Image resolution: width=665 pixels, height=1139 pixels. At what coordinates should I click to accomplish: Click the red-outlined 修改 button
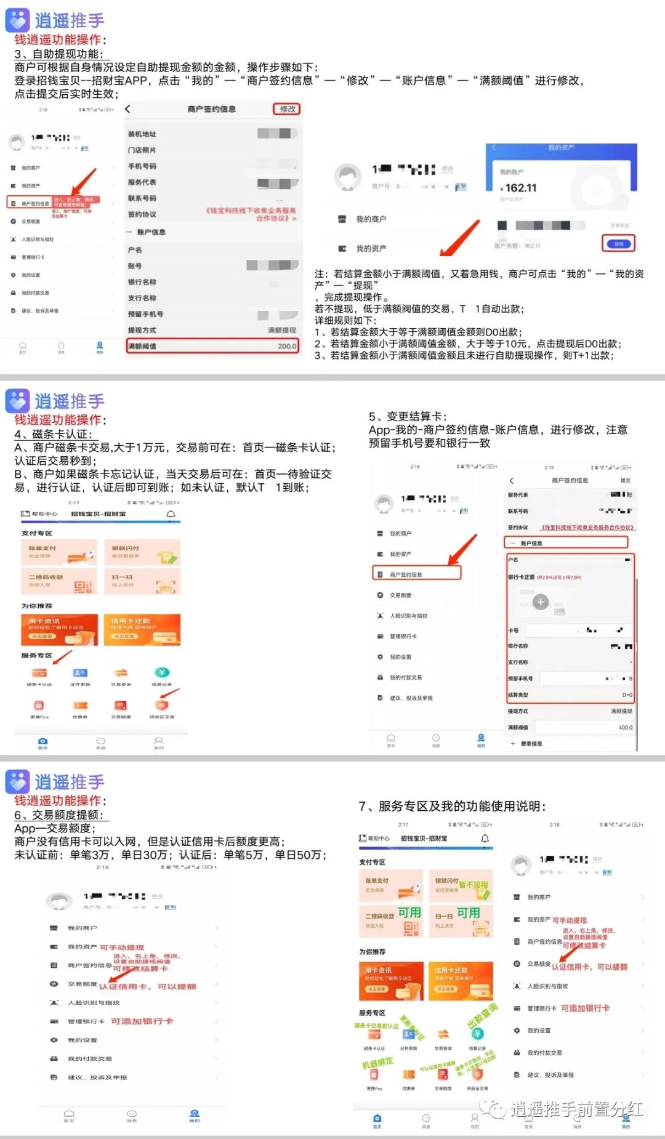pyautogui.click(x=286, y=109)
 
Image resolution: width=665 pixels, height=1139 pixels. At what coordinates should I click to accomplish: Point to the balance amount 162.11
pyautogui.click(x=520, y=188)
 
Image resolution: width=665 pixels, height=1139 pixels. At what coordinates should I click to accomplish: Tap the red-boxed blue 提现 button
pyautogui.click(x=618, y=244)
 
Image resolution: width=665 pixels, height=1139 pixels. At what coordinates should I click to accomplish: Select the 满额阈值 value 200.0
pyautogui.click(x=287, y=346)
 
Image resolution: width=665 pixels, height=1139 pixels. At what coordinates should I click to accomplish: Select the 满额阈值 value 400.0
pyautogui.click(x=625, y=727)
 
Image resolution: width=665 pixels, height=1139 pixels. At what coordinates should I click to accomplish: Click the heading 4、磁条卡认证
pyautogui.click(x=54, y=434)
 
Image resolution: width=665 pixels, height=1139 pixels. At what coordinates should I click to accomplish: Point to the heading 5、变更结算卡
pyautogui.click(x=408, y=416)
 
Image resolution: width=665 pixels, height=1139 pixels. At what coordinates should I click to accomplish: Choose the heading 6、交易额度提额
pyautogui.click(x=62, y=815)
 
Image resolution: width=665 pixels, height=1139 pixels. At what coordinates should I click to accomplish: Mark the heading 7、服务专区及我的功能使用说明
pyautogui.click(x=453, y=806)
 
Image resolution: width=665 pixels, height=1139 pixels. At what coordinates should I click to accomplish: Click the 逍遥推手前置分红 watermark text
pyautogui.click(x=576, y=1109)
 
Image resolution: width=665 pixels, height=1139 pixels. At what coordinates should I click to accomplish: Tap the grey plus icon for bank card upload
pyautogui.click(x=541, y=602)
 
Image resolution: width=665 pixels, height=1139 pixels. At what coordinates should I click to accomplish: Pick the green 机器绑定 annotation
pyautogui.click(x=377, y=1063)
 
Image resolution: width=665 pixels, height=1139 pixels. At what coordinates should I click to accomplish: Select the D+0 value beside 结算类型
pyautogui.click(x=627, y=694)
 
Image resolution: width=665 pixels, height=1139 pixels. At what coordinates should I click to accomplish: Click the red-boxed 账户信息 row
pyautogui.click(x=566, y=543)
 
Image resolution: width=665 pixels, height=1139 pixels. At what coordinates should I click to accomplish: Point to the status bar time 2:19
pyautogui.click(x=549, y=467)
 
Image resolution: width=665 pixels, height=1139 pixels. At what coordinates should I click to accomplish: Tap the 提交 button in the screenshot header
pyautogui.click(x=625, y=480)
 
